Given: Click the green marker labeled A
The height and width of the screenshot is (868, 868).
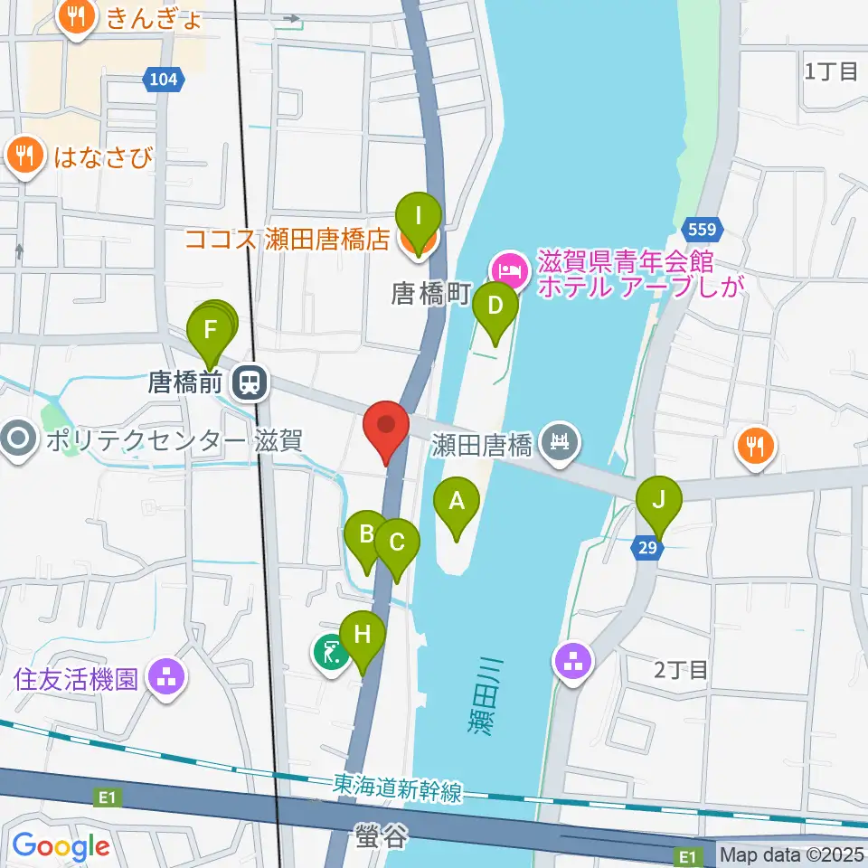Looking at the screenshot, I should [457, 501].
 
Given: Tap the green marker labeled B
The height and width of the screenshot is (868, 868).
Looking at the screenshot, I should [366, 534].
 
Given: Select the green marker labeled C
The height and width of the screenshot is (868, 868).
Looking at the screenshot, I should [397, 543].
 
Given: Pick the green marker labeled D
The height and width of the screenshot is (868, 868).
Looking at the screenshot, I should [495, 306].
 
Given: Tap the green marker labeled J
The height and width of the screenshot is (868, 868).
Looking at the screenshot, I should [658, 501].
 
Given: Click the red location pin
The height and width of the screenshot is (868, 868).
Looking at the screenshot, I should [387, 426].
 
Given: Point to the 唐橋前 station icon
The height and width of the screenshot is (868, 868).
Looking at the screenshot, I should [248, 382].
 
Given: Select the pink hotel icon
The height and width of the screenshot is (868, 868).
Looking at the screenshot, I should [508, 269].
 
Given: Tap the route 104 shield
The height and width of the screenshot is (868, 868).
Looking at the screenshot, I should [163, 80].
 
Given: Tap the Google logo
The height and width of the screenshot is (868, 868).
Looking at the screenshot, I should [61, 846].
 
